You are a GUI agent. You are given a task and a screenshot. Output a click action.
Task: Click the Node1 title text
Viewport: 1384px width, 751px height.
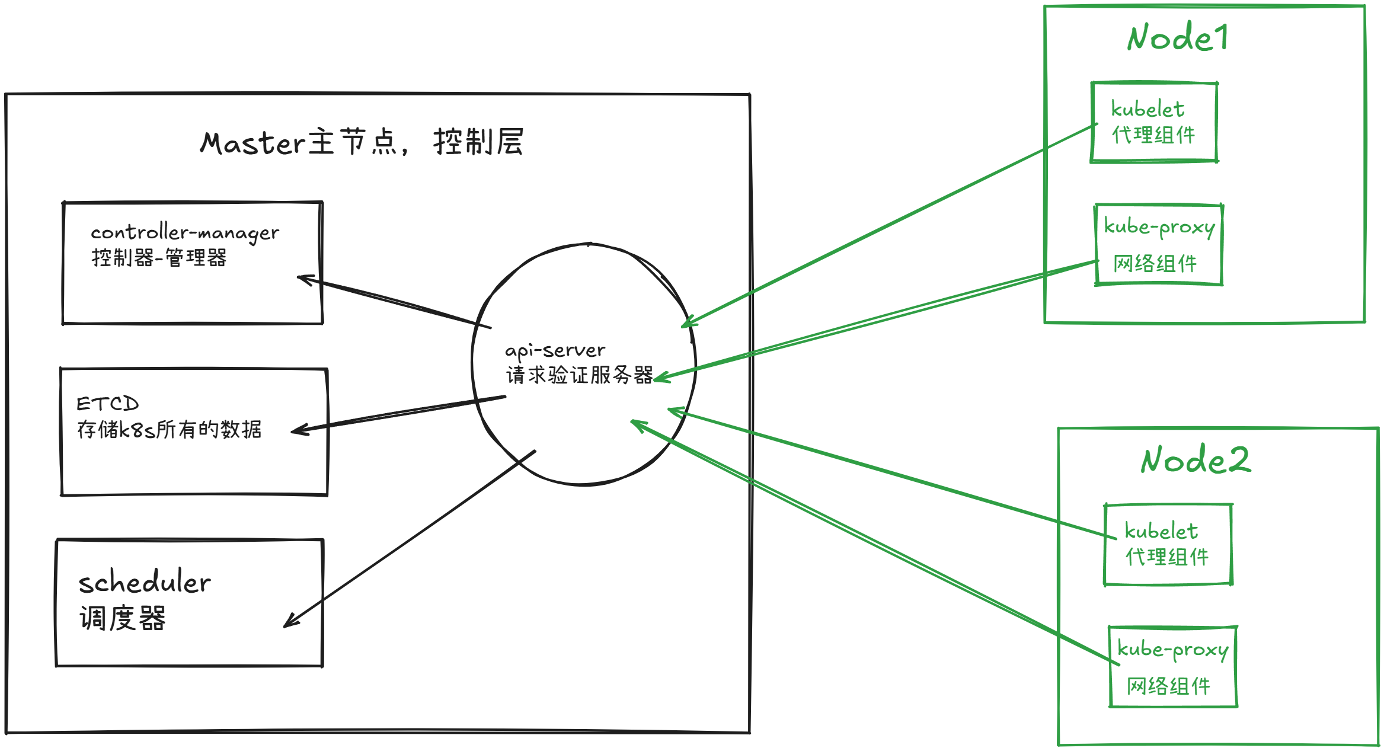[x=1177, y=37]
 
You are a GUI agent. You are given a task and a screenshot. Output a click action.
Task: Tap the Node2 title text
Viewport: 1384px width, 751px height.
[x=1196, y=459]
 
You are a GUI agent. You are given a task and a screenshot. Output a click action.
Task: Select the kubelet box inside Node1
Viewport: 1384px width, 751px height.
[x=1154, y=122]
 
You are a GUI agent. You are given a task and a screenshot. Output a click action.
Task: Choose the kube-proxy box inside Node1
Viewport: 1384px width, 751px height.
[x=1159, y=245]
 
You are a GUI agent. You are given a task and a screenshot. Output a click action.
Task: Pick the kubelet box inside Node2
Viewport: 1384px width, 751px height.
[x=1168, y=544]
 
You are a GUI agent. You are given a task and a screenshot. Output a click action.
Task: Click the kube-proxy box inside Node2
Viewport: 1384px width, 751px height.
[x=1173, y=667]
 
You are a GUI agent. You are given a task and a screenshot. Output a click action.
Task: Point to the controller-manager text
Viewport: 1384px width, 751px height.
[x=184, y=233]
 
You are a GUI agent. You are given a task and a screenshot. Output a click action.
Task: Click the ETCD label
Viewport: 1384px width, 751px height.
[x=107, y=404]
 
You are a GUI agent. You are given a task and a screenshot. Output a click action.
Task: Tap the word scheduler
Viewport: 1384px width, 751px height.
[x=145, y=583]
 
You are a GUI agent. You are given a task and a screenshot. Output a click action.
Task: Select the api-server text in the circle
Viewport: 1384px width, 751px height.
[x=555, y=350]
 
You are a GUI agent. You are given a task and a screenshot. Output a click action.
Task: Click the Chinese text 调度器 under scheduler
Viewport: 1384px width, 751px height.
[x=123, y=618]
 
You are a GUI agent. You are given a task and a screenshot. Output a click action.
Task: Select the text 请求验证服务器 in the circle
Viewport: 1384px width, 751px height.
[x=579, y=375]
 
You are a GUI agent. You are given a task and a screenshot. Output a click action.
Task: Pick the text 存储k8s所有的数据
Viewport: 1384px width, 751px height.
[x=169, y=429]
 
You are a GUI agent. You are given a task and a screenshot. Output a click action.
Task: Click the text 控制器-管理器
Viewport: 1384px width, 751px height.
[x=159, y=258]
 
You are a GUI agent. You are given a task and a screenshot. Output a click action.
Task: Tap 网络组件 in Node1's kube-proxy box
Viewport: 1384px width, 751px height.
[x=1155, y=263]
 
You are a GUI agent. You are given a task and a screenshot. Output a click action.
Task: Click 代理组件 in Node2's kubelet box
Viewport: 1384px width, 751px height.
[x=1166, y=557]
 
